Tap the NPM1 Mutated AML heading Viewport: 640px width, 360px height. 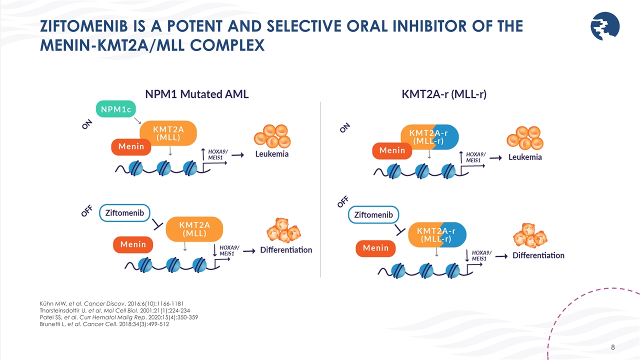(x=196, y=94)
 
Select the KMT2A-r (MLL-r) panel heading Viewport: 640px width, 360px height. (x=444, y=94)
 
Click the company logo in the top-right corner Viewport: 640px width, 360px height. (x=604, y=26)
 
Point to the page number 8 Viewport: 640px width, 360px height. (x=613, y=347)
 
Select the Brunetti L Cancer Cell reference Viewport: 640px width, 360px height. (x=104, y=324)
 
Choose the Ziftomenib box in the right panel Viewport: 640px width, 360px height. (x=373, y=215)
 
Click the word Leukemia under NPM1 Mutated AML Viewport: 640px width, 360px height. (x=272, y=154)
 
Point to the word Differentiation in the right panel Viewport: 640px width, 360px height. (x=538, y=255)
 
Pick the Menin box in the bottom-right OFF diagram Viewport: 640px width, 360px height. (x=375, y=248)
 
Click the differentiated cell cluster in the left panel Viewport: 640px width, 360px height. (x=283, y=230)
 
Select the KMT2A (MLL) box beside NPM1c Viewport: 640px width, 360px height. (x=168, y=133)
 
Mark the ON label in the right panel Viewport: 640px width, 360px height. (x=345, y=128)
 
